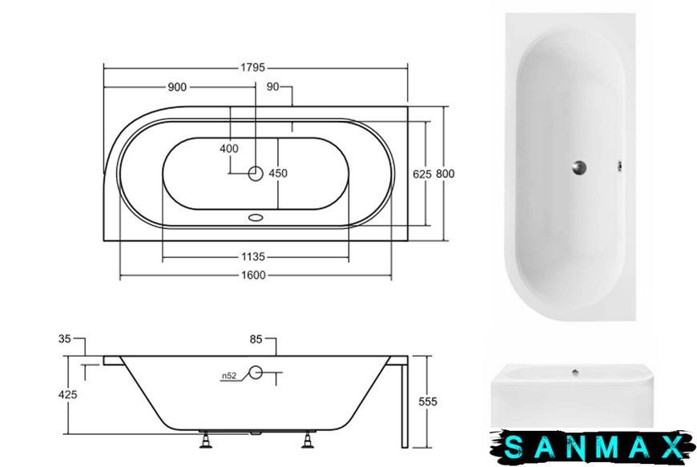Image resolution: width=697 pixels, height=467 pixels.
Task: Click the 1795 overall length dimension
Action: click(252, 67)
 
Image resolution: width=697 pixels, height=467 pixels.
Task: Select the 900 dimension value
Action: click(177, 87)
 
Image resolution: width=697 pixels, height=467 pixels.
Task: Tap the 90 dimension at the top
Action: click(272, 87)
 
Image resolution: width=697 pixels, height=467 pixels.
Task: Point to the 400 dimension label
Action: click(229, 148)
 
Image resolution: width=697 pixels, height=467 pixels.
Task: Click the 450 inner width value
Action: click(278, 173)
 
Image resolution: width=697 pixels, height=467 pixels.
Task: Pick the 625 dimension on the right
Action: click(422, 174)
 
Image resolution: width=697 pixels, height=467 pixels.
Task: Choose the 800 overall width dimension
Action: click(445, 174)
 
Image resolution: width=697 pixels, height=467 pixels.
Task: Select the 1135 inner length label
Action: click(253, 257)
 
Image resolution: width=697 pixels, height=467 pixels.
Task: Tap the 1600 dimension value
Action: click(253, 275)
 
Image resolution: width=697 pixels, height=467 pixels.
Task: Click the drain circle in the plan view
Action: click(256, 173)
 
